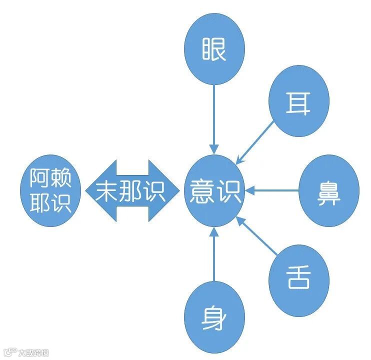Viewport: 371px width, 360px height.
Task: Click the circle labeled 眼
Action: (x=214, y=49)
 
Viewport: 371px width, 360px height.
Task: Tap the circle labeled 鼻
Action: (x=329, y=191)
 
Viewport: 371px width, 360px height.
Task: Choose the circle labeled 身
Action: (x=214, y=317)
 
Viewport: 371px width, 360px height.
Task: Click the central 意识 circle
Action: (x=214, y=191)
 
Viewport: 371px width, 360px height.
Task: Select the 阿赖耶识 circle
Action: (x=50, y=191)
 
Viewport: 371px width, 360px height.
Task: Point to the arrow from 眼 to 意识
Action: (x=214, y=117)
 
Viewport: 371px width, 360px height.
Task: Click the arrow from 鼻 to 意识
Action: (x=272, y=190)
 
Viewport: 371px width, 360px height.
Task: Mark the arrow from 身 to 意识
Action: (x=214, y=255)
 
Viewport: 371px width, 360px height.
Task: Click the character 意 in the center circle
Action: (x=202, y=191)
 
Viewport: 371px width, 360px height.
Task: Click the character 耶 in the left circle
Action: (x=40, y=203)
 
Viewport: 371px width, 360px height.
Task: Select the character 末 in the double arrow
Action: (x=107, y=191)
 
